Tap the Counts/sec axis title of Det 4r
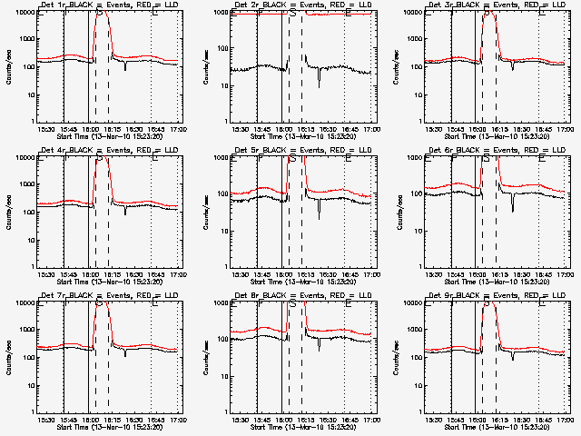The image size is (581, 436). (x=9, y=211)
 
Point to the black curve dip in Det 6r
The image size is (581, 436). (x=513, y=210)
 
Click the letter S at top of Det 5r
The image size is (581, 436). (x=292, y=158)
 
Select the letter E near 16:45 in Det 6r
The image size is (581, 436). (x=542, y=158)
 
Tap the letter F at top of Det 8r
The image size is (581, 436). (x=261, y=303)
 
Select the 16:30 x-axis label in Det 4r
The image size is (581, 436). (x=134, y=273)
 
